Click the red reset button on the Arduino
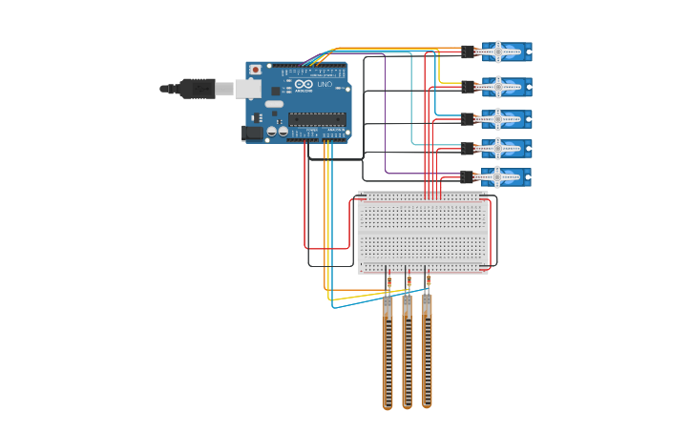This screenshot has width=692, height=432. coord(255,70)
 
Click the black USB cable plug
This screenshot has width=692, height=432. coord(197,89)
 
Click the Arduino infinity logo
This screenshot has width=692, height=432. coord(304,84)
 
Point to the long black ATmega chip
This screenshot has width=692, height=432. coord(316,119)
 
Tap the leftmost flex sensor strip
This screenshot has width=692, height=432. coord(388,353)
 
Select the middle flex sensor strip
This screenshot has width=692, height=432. coord(408,353)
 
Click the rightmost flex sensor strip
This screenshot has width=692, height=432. coord(427,353)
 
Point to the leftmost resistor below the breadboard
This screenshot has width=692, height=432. coord(388,280)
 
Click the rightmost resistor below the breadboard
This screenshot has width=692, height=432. coord(428,280)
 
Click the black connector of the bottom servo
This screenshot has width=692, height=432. coord(468,176)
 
